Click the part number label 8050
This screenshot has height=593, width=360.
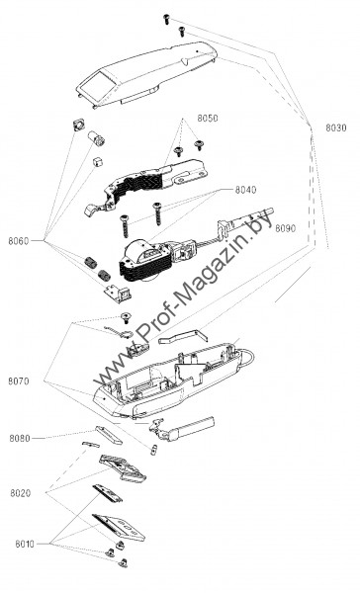click(207, 118)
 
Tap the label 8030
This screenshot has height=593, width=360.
click(336, 127)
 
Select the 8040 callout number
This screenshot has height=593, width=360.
click(245, 190)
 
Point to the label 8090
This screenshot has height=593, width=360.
click(286, 228)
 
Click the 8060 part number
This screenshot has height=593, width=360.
click(19, 241)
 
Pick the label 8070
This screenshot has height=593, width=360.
click(19, 381)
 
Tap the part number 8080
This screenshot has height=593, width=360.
click(20, 438)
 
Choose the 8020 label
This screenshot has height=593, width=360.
click(21, 493)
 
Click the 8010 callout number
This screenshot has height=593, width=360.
click(25, 544)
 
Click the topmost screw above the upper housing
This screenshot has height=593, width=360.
click(166, 20)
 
